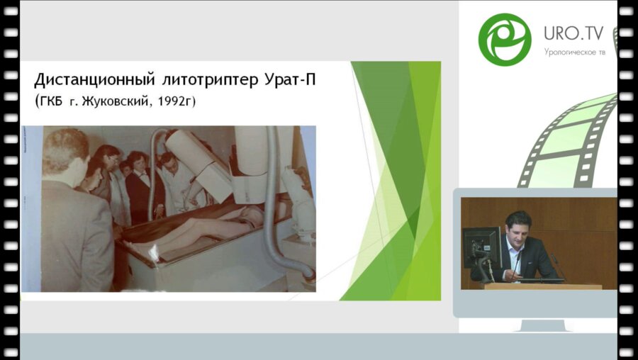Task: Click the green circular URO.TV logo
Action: [x=504, y=40]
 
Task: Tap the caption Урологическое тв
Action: [x=574, y=52]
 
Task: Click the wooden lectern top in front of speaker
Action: [x=542, y=286]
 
